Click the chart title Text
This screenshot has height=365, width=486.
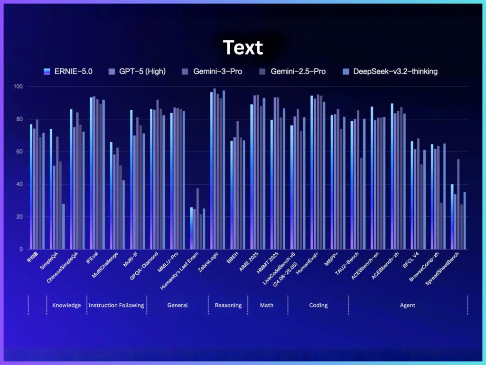pyautogui.click(x=243, y=48)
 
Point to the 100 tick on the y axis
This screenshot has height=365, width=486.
pyautogui.click(x=19, y=86)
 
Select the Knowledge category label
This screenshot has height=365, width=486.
pyautogui.click(x=66, y=305)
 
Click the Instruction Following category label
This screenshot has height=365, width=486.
pyautogui.click(x=116, y=305)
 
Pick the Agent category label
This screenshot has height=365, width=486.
pyautogui.click(x=408, y=305)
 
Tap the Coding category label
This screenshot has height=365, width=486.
pyautogui.click(x=318, y=305)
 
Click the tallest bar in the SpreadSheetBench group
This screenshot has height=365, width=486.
pyautogui.click(x=458, y=204)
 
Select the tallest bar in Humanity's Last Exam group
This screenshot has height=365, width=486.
pyautogui.click(x=197, y=219)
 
